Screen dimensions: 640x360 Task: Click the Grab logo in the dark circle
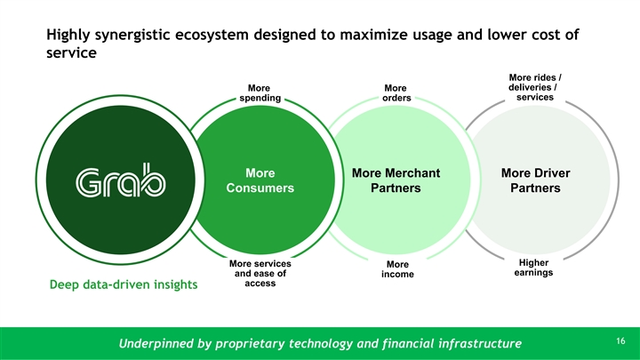(121, 180)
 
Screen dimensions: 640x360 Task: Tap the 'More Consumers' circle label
(260, 180)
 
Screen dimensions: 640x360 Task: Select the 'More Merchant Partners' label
(396, 180)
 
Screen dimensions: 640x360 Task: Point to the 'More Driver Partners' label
(535, 180)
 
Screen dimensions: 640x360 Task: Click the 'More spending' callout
(260, 93)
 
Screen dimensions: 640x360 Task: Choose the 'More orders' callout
(396, 93)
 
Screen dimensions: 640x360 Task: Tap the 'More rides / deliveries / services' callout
(535, 87)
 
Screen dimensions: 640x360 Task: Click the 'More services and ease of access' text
(260, 274)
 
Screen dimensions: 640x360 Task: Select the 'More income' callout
(397, 269)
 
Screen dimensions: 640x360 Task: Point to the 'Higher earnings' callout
(533, 268)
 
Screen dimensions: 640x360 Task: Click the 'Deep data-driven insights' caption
(124, 284)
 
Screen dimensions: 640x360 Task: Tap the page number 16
(620, 340)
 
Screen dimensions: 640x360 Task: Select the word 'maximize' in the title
(373, 35)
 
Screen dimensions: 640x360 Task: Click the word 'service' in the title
(71, 53)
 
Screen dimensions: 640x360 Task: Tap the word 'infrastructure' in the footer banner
(480, 343)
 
